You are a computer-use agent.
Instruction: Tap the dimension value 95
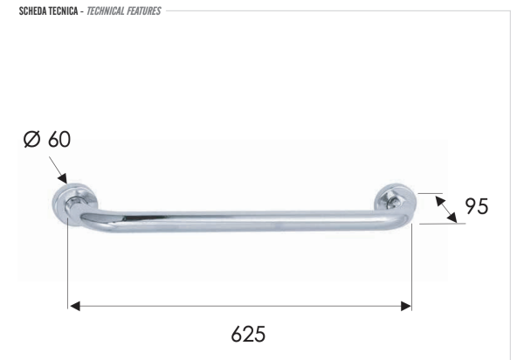(475, 206)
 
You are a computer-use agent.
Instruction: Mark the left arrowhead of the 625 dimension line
(74, 306)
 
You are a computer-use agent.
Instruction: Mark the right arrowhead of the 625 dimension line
(406, 306)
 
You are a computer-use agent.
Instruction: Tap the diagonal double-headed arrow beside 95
(446, 208)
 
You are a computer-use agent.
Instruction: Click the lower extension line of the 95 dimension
(441, 224)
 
